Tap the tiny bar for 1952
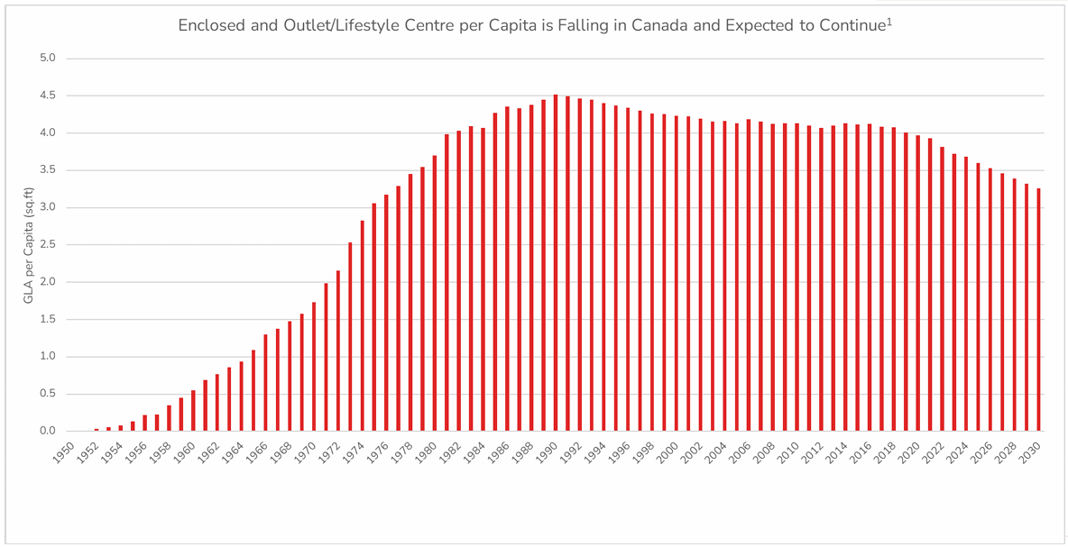(97, 429)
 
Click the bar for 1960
(193, 410)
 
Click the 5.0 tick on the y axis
(47, 59)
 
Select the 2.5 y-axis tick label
(47, 244)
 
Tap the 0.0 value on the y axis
(47, 431)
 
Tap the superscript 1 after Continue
(889, 21)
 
